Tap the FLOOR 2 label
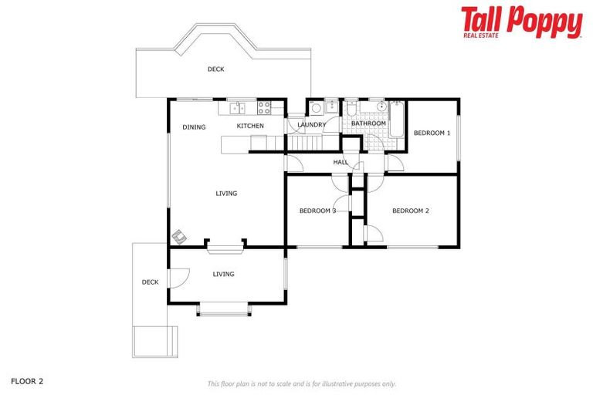pyautogui.click(x=26, y=381)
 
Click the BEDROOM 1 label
pyautogui.click(x=432, y=133)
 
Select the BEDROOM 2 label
pyautogui.click(x=410, y=211)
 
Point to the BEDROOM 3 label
pyautogui.click(x=317, y=211)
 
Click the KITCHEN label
pyautogui.click(x=250, y=126)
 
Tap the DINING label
pyautogui.click(x=194, y=127)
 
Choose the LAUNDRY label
pyautogui.click(x=312, y=124)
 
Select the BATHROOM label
pyautogui.click(x=368, y=123)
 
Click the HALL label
pyautogui.click(x=340, y=162)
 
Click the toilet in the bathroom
pyautogui.click(x=351, y=106)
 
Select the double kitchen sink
pyautogui.click(x=236, y=107)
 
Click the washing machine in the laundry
pyautogui.click(x=317, y=108)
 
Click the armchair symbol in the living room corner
pyautogui.click(x=179, y=235)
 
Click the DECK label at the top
pyautogui.click(x=215, y=69)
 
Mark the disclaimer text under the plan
pyautogui.click(x=302, y=383)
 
